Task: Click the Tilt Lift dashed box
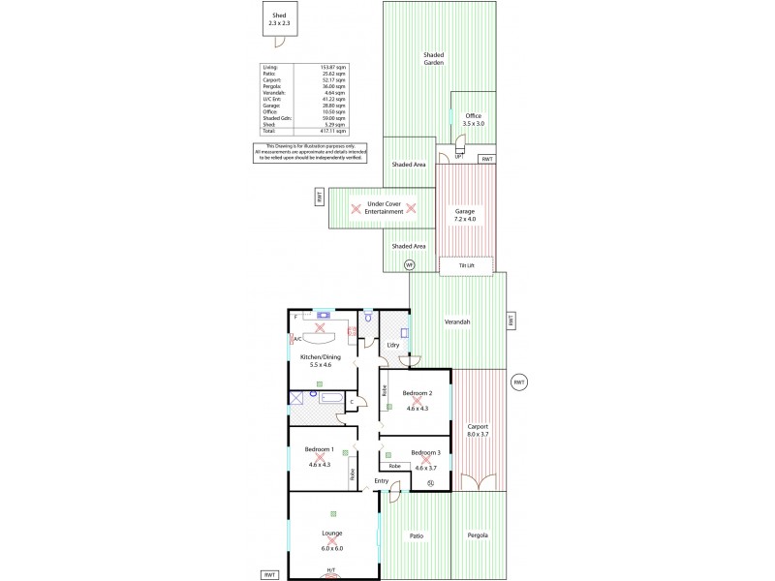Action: tap(467, 264)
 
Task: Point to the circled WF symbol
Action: tap(409, 264)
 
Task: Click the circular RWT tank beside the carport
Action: tap(519, 382)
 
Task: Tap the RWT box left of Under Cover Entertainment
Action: tap(319, 198)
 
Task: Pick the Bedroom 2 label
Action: tap(417, 393)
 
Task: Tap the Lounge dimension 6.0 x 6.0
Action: tap(332, 548)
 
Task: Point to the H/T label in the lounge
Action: tap(331, 570)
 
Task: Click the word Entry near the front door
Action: tap(382, 481)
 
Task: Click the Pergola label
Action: tap(478, 535)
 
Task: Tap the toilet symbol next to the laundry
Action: tap(368, 317)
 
